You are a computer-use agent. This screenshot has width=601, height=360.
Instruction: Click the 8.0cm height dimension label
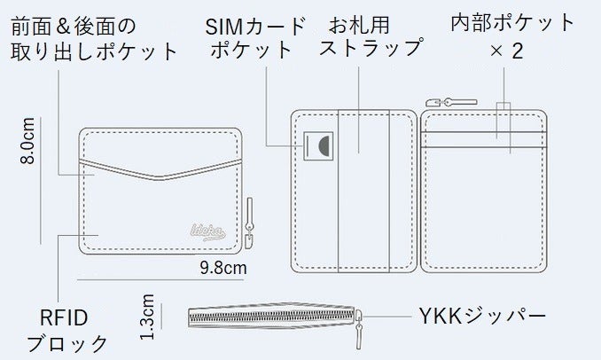point(28,141)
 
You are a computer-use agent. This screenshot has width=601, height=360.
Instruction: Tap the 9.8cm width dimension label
point(223,268)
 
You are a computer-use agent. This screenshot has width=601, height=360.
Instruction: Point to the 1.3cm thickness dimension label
point(147,317)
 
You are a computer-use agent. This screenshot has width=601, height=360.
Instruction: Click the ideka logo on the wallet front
point(207,232)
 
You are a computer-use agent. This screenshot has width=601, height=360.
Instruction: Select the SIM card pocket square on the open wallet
point(318,146)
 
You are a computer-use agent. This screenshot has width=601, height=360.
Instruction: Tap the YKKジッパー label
point(482,317)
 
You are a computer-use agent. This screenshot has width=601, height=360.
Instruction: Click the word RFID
point(64,317)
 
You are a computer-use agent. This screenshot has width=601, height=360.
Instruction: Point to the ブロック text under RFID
point(67,343)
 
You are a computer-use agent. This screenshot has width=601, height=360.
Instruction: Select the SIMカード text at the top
point(255,26)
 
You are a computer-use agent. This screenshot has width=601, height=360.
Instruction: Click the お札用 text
point(359,25)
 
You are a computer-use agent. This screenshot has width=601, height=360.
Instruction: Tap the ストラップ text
point(371,48)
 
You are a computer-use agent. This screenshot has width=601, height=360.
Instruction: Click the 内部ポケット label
point(512,23)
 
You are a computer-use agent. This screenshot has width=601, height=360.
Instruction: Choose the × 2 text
point(506,51)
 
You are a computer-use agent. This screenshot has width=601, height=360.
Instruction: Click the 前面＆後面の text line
point(74,27)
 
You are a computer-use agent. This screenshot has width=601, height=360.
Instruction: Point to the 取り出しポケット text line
point(94,51)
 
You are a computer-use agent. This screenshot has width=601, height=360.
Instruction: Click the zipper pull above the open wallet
point(451,102)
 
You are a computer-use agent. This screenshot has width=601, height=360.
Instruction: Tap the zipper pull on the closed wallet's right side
point(249,223)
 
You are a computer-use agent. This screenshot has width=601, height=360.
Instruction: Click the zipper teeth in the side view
point(272,317)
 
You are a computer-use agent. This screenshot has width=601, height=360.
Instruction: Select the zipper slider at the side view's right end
point(359,329)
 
